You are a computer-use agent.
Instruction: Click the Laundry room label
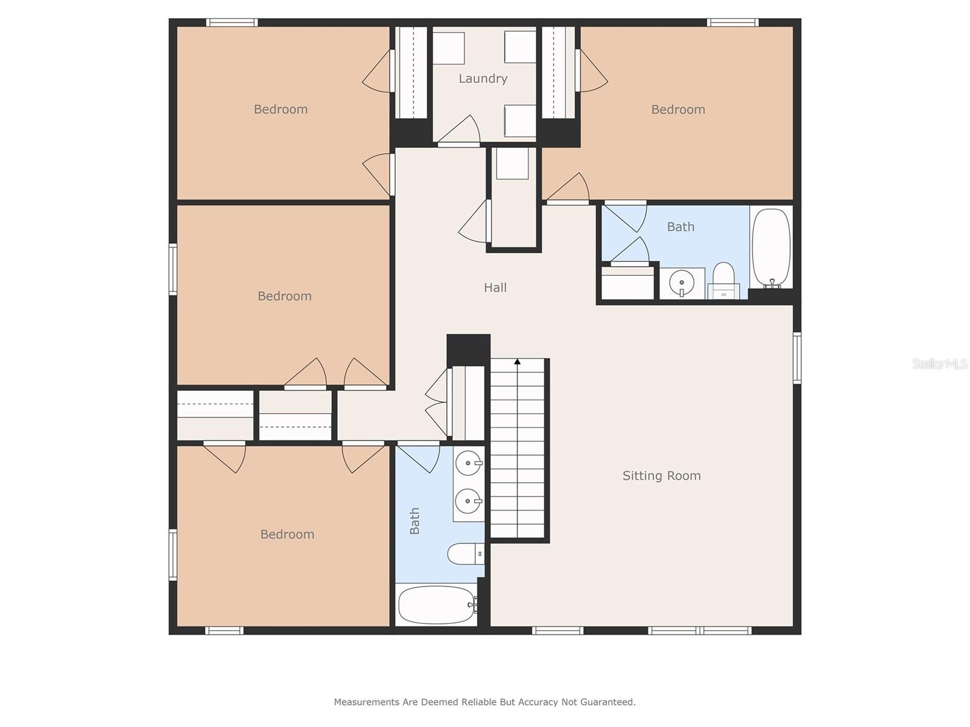[x=483, y=79]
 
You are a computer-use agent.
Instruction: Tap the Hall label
[x=495, y=288]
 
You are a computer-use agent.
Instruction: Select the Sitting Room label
[x=661, y=476]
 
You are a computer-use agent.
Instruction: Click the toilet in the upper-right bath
[x=723, y=280]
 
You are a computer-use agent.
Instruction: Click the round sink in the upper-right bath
[x=681, y=282]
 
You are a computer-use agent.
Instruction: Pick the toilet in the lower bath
[x=466, y=554]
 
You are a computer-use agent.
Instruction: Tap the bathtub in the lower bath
[x=436, y=604]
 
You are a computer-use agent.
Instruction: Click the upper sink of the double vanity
[x=469, y=463]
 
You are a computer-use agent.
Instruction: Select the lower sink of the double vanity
[x=468, y=501]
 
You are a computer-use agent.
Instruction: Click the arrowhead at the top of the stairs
[x=517, y=362]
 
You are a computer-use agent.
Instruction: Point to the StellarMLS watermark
[x=940, y=363]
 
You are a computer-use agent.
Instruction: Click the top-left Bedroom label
[x=281, y=110]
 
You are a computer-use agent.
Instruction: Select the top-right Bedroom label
[x=678, y=110]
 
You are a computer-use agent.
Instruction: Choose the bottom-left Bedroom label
[x=287, y=534]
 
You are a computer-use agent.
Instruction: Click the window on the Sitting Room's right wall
[x=797, y=358]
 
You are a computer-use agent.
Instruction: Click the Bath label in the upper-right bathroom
[x=681, y=227]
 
